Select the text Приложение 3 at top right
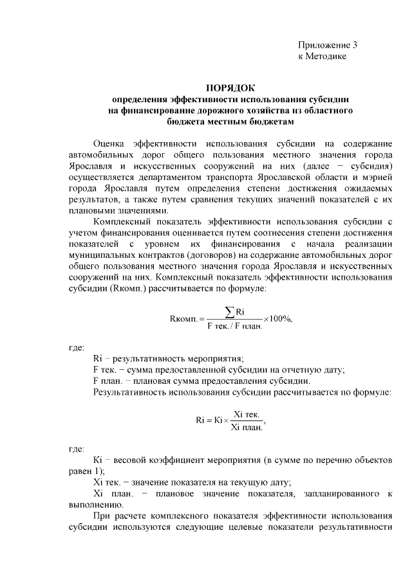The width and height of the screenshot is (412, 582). [327, 46]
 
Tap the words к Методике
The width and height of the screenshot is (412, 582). [322, 57]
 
